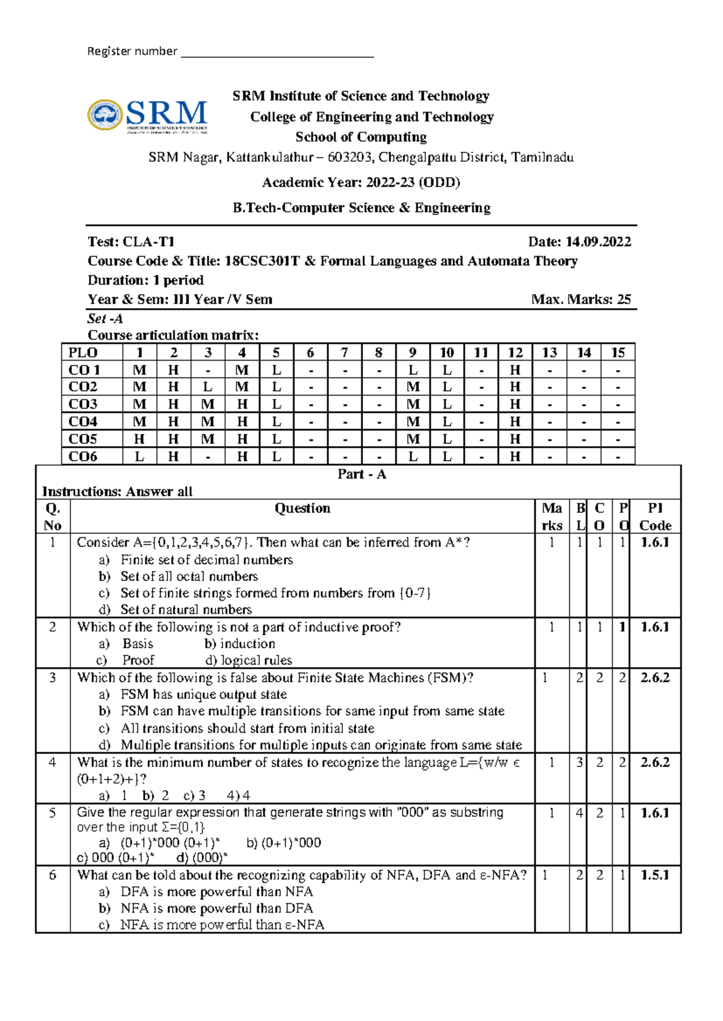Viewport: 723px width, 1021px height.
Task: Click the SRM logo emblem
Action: coord(105,115)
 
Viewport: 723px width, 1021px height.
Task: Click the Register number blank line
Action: coord(277,55)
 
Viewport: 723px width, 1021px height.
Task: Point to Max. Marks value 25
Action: coord(624,300)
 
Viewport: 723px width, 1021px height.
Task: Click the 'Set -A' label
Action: coord(105,318)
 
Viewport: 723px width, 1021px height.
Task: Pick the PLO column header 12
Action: coord(515,353)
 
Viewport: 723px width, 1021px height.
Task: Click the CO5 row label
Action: coord(83,439)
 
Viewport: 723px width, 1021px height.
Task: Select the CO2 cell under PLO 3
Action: coord(208,387)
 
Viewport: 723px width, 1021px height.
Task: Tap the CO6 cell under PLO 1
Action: coord(139,456)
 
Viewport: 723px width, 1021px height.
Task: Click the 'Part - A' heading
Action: coord(361,474)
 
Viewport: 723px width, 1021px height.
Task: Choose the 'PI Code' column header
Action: coord(655,517)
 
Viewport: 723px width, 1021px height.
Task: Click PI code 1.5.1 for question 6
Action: coord(655,875)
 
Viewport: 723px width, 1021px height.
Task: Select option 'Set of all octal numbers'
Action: coord(189,576)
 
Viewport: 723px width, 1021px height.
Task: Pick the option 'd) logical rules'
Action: coord(248,660)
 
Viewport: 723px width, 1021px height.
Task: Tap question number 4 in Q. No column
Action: coord(52,763)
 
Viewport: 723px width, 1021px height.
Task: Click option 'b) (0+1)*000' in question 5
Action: coord(284,843)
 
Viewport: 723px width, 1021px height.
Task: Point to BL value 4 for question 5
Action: coord(579,813)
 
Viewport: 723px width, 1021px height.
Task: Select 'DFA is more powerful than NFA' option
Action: coord(216,892)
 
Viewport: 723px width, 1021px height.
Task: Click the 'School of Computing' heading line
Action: coord(361,137)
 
